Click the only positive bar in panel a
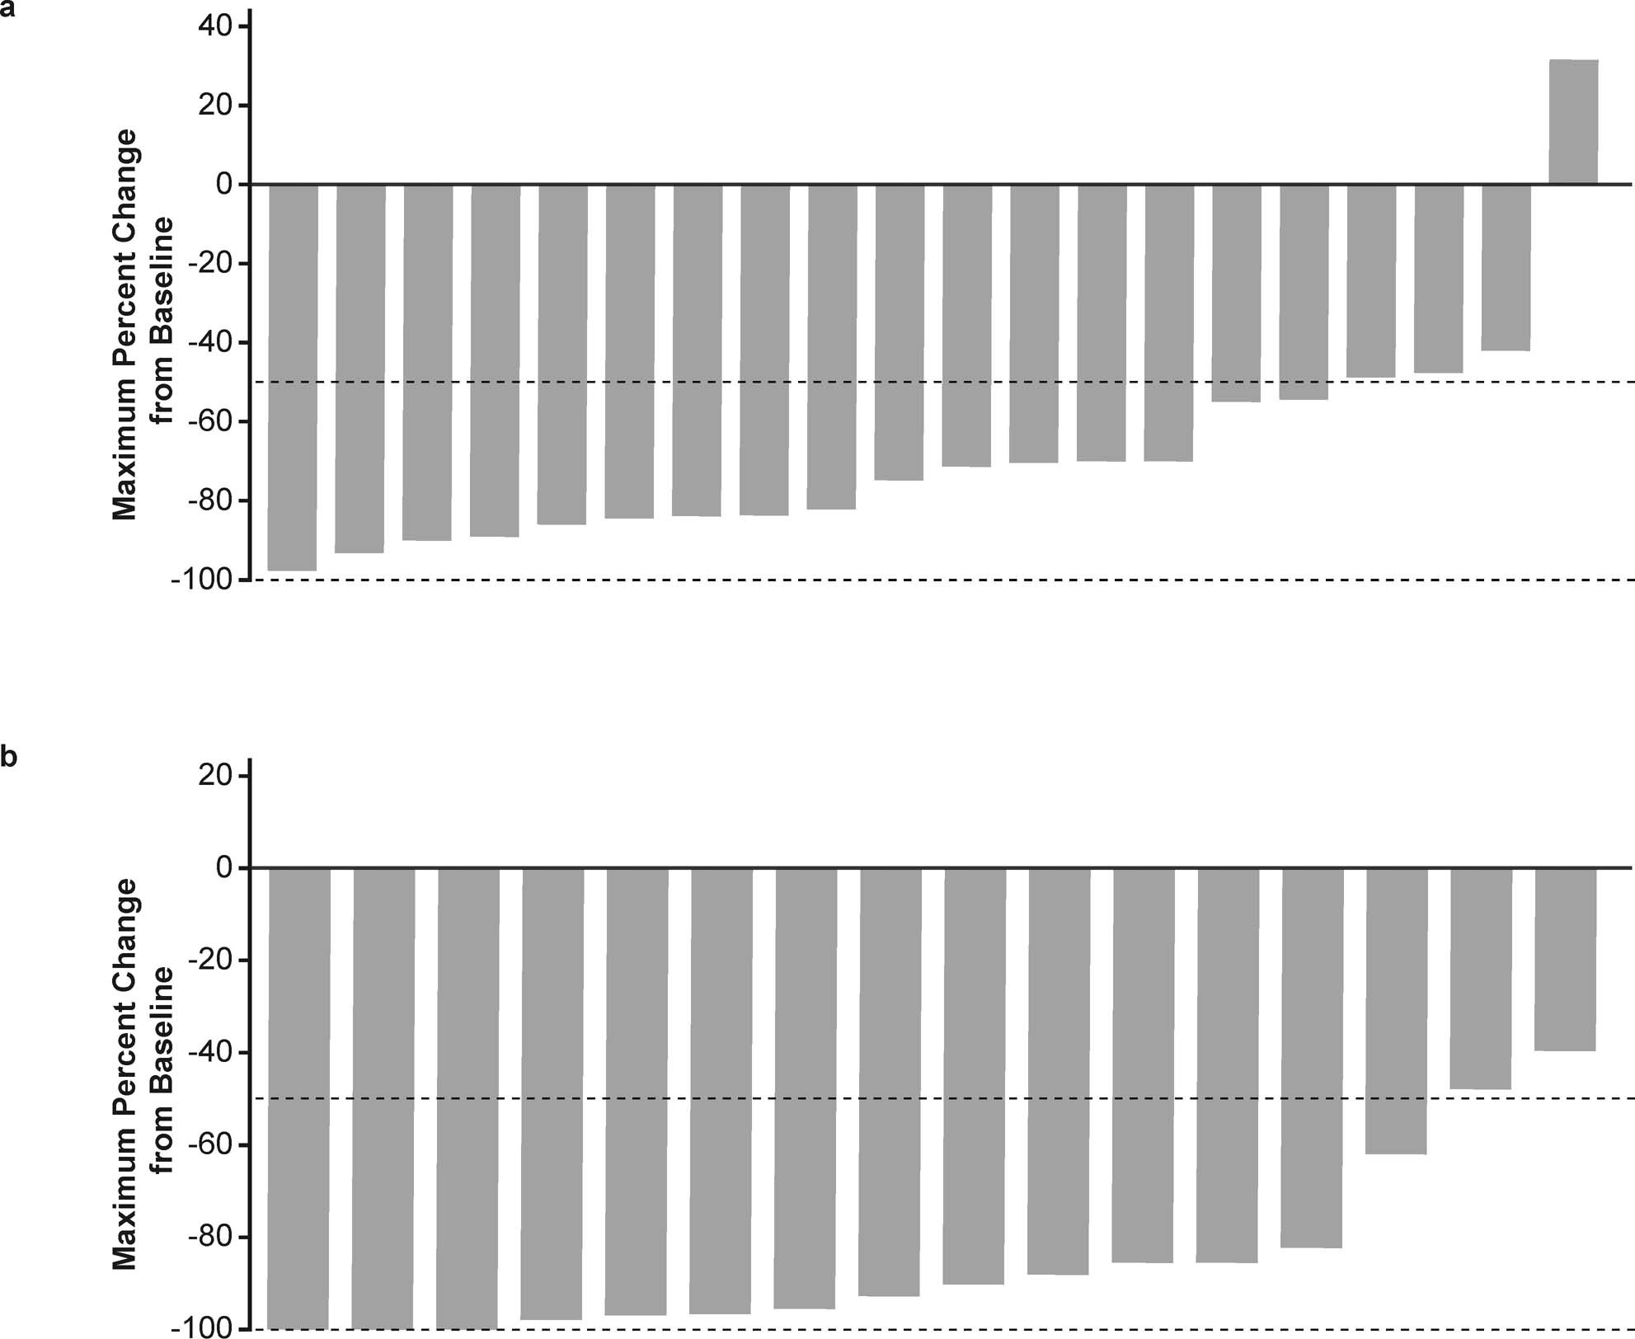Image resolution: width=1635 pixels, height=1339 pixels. [x=1573, y=122]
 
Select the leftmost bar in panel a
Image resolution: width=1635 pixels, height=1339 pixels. [x=293, y=377]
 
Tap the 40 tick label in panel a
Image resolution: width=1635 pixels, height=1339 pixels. [x=217, y=26]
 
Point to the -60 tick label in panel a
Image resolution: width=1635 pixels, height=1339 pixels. [x=210, y=421]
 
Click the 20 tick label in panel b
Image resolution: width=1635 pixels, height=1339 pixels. [x=217, y=776]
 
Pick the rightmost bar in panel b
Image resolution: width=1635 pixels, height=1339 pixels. [x=1565, y=959]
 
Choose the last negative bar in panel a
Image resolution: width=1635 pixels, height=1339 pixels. [x=1506, y=268]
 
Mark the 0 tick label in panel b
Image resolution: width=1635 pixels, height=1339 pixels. [x=225, y=867]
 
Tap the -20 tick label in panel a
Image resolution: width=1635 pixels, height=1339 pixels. [x=210, y=264]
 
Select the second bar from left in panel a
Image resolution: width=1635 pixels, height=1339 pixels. [x=359, y=369]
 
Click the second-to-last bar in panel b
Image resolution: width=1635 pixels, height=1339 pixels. [x=1481, y=979]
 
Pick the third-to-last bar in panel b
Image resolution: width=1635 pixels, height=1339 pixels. [x=1396, y=1011]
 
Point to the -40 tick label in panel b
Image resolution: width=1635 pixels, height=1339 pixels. [x=210, y=1052]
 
